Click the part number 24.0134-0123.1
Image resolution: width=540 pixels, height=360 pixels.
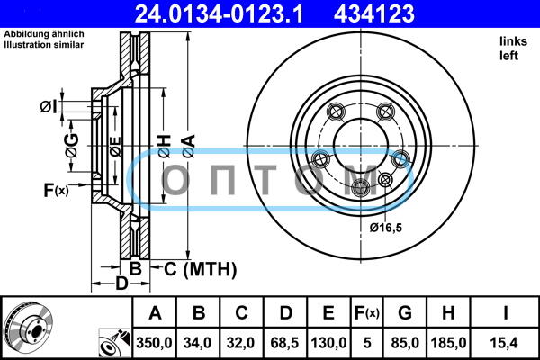pos(219,13)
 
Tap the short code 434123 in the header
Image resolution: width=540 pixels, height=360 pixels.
pos(374,13)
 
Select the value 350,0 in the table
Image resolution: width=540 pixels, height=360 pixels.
pos(154,343)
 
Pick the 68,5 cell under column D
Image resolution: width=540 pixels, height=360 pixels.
pos(284,343)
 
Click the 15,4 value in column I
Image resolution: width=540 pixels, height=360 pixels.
pos(504,343)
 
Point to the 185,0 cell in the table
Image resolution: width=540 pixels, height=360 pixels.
pos(448,343)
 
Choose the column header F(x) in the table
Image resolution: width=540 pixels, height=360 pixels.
pos(367,313)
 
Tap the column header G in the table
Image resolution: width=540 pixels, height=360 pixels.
pos(405,313)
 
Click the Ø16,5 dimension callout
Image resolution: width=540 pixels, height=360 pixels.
pos(386,228)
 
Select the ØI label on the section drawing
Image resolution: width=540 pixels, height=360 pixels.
pos(49,107)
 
